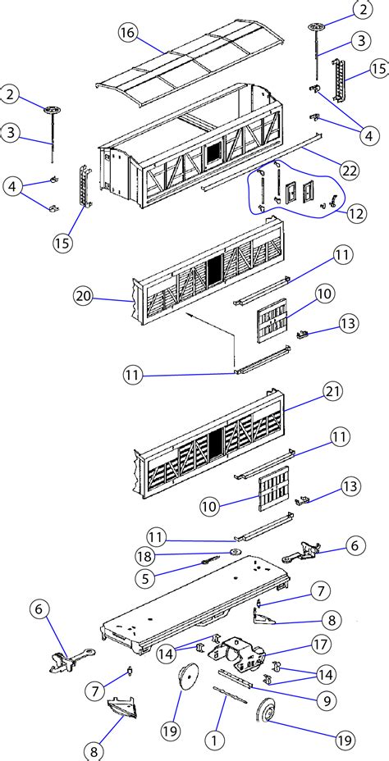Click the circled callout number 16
[127, 34]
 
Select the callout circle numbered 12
[357, 213]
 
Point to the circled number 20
[83, 297]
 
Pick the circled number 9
[326, 700]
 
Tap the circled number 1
[213, 740]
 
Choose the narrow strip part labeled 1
[230, 695]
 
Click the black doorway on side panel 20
[214, 268]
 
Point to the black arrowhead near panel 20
[190, 315]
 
